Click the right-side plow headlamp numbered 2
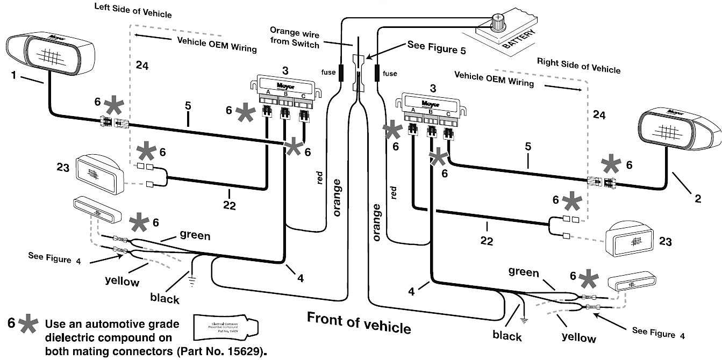point(679,129)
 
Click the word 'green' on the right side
point(524,272)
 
